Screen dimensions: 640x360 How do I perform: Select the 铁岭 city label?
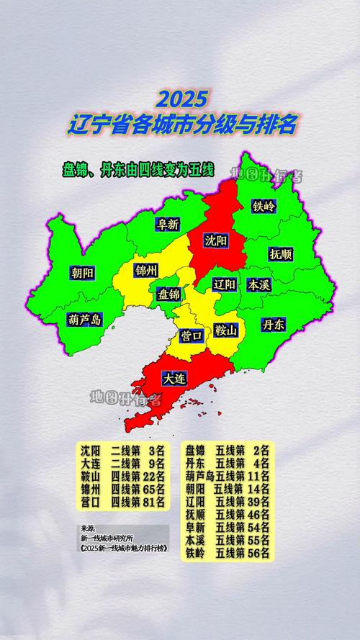coord(264,206)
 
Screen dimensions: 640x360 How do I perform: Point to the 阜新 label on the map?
coord(168,224)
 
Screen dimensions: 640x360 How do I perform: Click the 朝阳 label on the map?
coord(82,273)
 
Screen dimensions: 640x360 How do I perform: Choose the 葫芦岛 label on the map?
coord(84,320)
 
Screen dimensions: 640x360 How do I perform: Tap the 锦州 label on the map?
coord(146,271)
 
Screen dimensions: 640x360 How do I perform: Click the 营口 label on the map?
coord(192,335)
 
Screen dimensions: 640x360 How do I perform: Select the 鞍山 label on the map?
coord(226,331)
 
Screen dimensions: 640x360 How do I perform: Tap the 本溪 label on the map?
coord(258,284)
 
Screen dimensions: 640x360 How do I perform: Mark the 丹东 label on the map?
coord(274,325)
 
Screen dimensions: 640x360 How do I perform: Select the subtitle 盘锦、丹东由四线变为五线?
coord(138,170)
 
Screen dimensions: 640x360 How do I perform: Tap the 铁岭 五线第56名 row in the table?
coord(227,553)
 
